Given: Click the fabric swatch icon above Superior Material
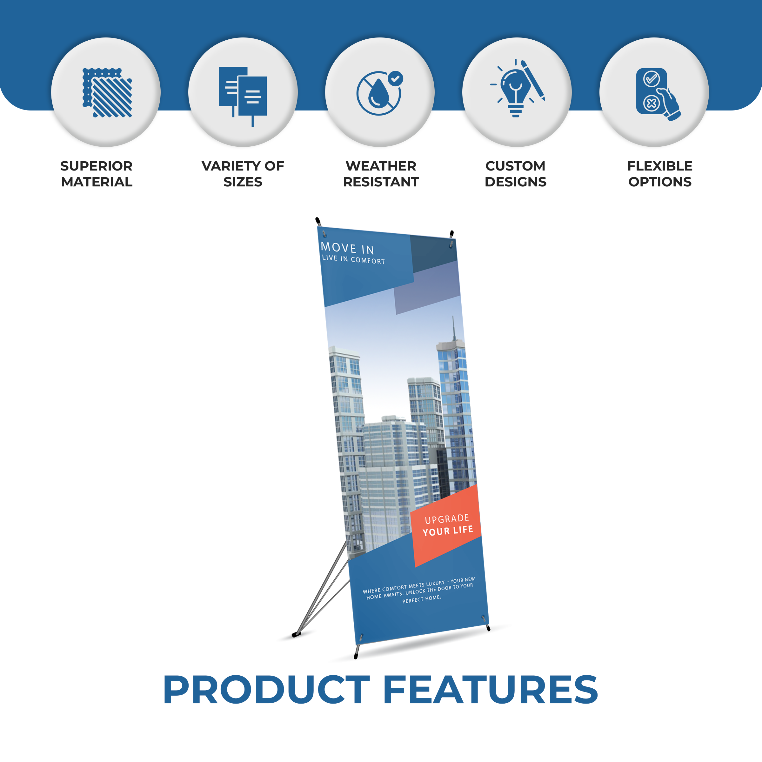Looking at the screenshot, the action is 107,93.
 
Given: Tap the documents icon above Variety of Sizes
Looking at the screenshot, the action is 243,96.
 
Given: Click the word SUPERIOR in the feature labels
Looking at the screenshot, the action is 96,166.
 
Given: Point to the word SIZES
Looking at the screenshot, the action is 243,182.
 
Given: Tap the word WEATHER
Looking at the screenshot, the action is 381,166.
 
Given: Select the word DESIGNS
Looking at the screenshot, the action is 516,182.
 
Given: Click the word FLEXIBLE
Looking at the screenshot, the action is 660,166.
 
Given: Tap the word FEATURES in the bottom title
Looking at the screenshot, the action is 491,689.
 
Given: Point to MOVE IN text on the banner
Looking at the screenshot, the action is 347,248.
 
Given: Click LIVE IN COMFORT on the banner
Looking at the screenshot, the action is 353,259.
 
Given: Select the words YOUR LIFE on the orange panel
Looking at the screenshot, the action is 448,531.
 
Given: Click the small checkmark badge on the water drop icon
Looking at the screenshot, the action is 396,78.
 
